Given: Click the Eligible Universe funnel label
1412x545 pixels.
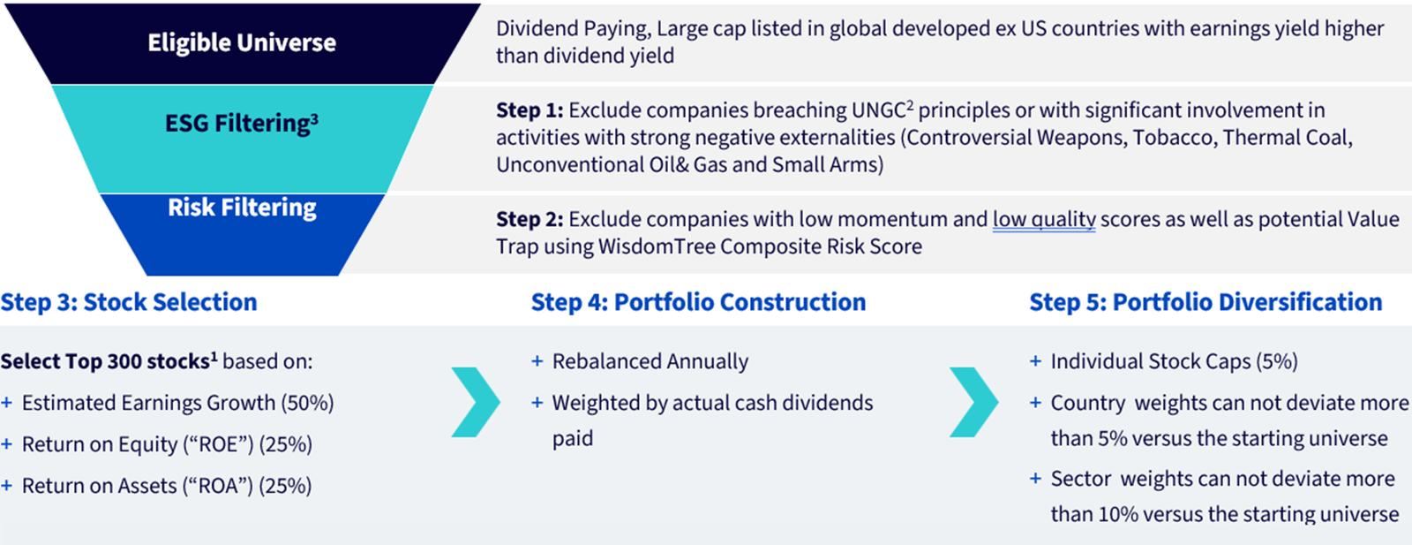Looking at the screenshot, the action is point(242,43).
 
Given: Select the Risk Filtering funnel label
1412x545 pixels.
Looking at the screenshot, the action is point(242,208).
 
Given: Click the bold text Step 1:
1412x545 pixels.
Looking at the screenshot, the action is point(529,110).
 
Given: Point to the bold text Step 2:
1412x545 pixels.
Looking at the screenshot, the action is point(529,220).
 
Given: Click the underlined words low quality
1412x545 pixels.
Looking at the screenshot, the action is point(1044,220).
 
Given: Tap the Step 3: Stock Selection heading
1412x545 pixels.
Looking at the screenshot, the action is point(129,302).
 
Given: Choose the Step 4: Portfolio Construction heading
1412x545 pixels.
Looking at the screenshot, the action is point(698,302).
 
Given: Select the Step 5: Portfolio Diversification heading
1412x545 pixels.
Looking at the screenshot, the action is point(1205,302).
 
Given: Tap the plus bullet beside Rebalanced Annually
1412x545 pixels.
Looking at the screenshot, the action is point(537,361).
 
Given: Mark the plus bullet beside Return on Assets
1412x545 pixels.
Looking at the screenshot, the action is point(6,486).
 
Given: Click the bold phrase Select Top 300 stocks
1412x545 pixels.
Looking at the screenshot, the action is point(105,361).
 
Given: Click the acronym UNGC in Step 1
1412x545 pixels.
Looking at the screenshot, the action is point(879,110).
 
